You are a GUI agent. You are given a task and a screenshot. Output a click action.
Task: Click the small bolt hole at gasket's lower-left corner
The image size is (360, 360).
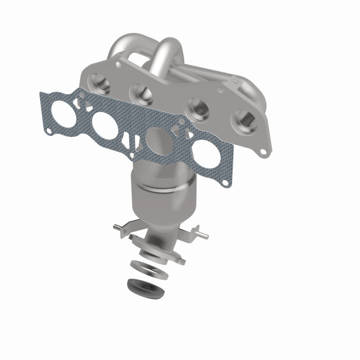tap(49, 131)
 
